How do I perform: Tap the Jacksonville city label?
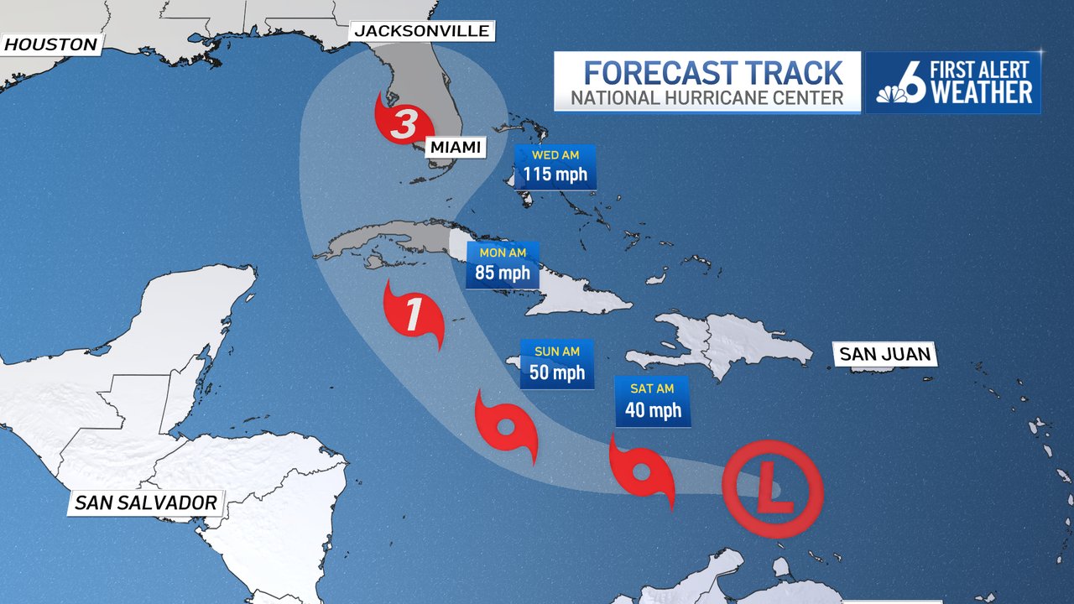tap(422, 31)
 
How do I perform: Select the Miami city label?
tap(456, 148)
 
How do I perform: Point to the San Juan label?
tap(885, 354)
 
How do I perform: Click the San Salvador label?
tap(145, 502)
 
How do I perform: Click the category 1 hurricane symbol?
tap(413, 315)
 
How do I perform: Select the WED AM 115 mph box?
tap(555, 167)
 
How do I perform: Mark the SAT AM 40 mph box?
tap(652, 401)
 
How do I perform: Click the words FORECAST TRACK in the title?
tap(712, 72)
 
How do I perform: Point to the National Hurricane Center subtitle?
tap(706, 98)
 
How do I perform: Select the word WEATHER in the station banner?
tap(981, 92)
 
